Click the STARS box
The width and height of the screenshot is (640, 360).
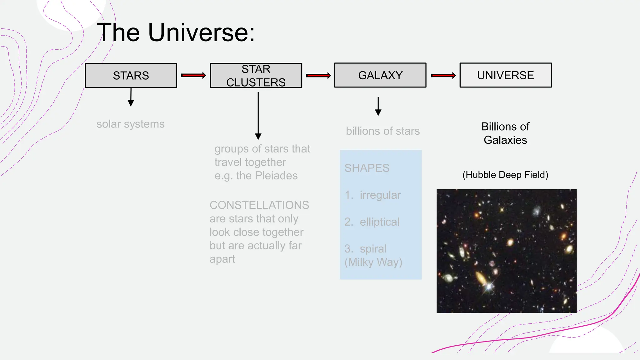coord(131,75)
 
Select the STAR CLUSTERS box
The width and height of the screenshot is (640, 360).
coord(256,76)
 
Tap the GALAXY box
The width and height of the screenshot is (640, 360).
coord(380,75)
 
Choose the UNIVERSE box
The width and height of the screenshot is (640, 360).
coord(505,75)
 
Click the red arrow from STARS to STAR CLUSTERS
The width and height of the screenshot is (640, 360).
coord(193,75)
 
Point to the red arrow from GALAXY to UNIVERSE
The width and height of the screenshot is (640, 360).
coord(443,75)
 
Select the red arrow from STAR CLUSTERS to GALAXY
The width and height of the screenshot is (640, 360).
coord(318,76)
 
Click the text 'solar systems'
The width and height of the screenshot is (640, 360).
coord(130,124)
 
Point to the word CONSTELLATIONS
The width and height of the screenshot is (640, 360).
coord(259,205)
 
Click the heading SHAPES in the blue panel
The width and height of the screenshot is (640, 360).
coord(367,168)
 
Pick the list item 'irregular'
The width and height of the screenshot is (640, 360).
coord(380,195)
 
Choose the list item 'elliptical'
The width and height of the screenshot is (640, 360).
coord(379,222)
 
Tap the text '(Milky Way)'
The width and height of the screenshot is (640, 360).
coord(373,262)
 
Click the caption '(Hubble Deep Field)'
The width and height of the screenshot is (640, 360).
coord(505,175)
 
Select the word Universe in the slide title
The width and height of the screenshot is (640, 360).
coord(201,32)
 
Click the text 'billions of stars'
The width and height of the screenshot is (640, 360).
coord(382,131)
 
